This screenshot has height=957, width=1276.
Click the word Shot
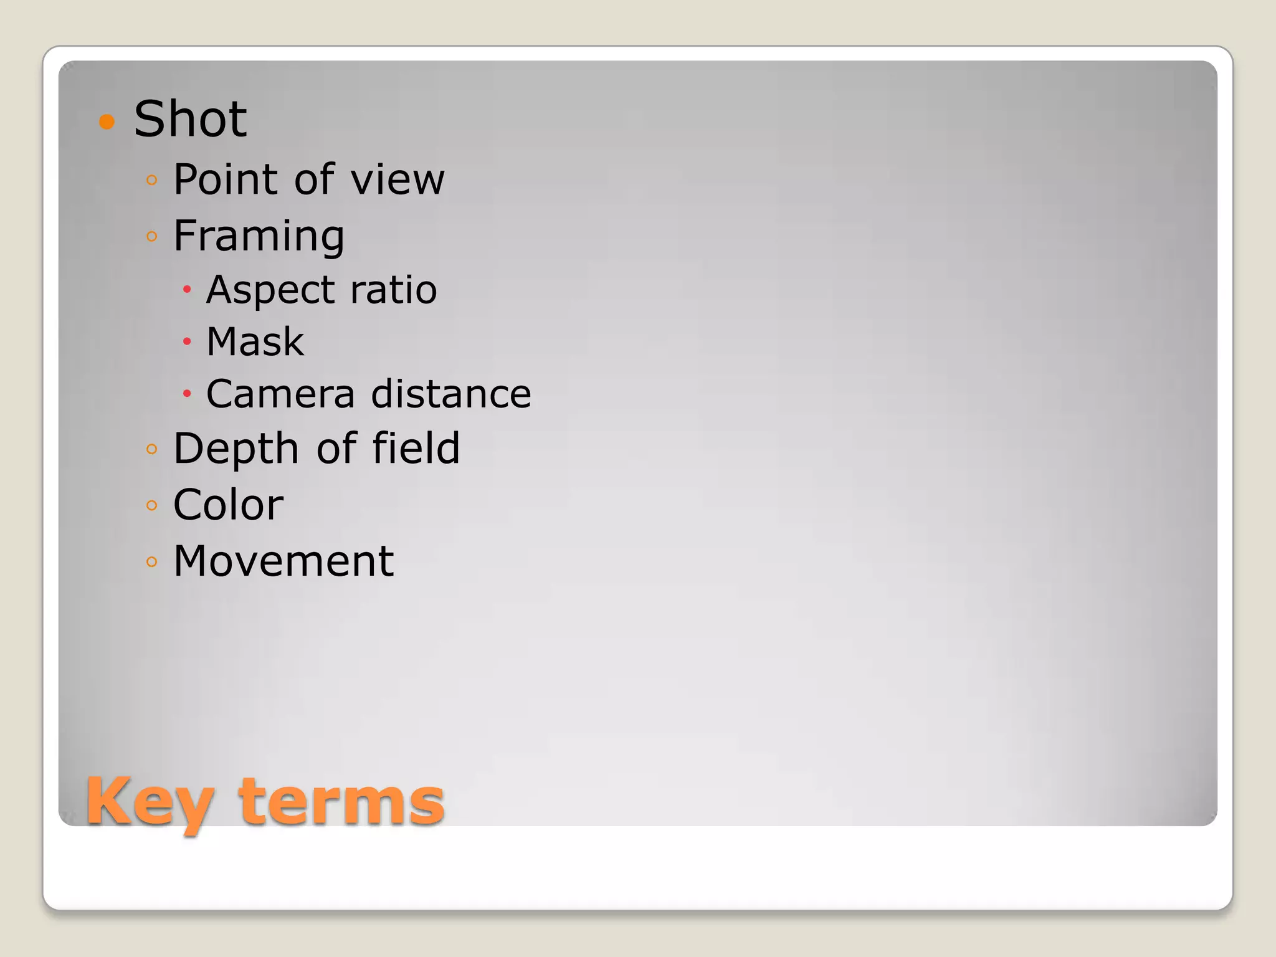[190, 119]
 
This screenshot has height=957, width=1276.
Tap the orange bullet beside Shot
[107, 121]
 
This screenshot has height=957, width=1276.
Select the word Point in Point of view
[226, 179]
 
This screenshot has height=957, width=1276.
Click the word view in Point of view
[398, 179]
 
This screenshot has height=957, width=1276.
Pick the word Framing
[259, 237]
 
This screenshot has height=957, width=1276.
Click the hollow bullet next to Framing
[151, 236]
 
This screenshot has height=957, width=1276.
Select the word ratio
[394, 290]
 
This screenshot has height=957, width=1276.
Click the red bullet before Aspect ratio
[186, 289]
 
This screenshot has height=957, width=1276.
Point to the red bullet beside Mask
[186, 341]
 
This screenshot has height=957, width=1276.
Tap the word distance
[451, 394]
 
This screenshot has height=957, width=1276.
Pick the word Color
[228, 505]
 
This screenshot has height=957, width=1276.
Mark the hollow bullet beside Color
[151, 505]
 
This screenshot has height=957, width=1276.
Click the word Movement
[283, 561]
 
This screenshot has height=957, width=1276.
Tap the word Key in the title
[150, 802]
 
